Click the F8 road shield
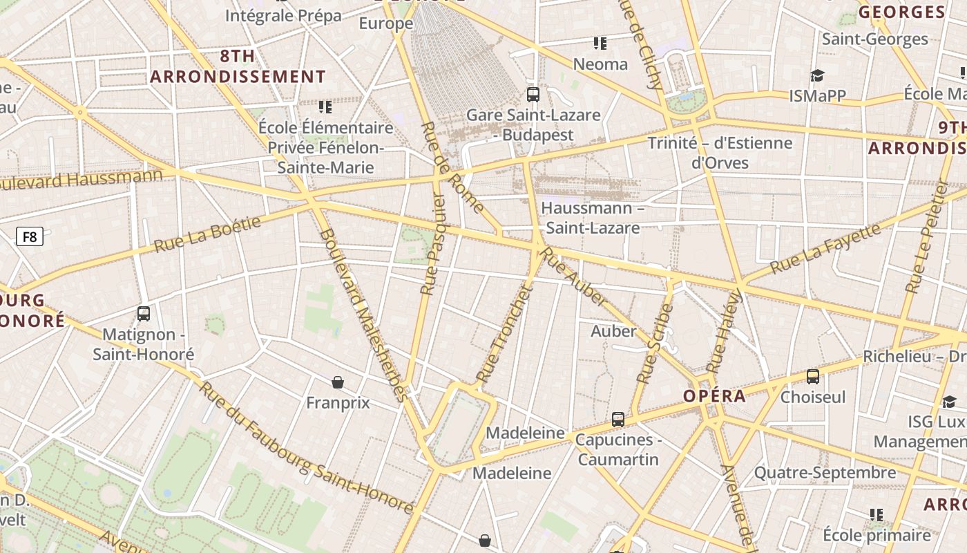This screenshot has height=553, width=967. click(30, 237)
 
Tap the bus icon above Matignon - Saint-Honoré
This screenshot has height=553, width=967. click(144, 313)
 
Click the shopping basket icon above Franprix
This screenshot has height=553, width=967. click(338, 382)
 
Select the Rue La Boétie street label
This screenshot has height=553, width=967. click(207, 234)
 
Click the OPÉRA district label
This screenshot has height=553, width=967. click(714, 396)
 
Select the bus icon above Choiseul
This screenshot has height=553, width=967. click(813, 377)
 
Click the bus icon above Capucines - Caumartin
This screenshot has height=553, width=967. click(618, 419)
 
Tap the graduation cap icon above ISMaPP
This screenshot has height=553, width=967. click(817, 75)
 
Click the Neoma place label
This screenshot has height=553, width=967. click(600, 64)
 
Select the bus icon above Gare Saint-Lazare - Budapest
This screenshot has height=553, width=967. click(533, 94)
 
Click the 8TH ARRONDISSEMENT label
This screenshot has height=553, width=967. click(238, 66)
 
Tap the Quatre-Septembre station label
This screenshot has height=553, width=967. click(825, 473)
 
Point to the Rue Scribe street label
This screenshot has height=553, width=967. click(655, 344)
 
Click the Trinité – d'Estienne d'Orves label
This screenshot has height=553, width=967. click(720, 153)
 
